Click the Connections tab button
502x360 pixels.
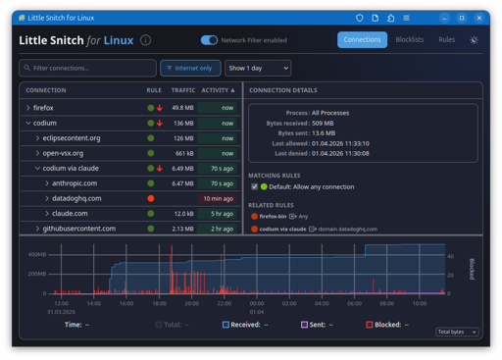pos(362,39)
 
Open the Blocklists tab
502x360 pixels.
pos(410,39)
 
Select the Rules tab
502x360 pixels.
pos(446,39)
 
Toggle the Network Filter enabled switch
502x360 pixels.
pos(209,40)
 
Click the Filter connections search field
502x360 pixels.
pos(87,68)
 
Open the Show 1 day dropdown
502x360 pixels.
pos(258,68)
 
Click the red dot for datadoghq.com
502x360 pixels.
pos(151,198)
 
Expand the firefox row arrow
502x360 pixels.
pos(28,108)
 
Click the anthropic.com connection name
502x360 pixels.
pos(75,183)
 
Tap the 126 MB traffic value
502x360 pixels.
pos(183,138)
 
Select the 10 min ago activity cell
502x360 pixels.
pos(217,198)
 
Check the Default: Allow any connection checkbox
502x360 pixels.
pos(254,186)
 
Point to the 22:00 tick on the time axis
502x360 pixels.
pos(225,303)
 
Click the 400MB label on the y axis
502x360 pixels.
pos(37,254)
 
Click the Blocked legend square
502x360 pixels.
pos(370,325)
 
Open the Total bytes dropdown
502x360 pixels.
pos(457,332)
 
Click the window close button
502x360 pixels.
pos(479,18)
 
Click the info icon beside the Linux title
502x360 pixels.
pos(145,40)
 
